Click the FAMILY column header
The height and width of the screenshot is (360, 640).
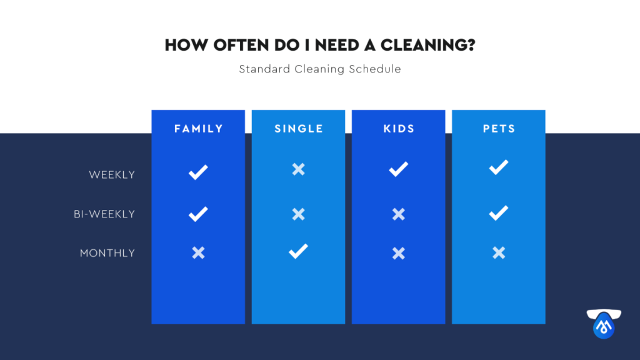click(198, 129)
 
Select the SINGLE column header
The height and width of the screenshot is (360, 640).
click(298, 129)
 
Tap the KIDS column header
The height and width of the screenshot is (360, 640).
click(399, 129)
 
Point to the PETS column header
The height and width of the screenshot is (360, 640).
click(499, 129)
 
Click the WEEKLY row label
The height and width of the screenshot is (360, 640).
click(112, 175)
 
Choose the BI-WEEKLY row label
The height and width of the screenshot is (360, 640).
click(104, 214)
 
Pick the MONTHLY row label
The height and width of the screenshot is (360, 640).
click(107, 253)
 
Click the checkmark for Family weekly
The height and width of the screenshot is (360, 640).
click(198, 172)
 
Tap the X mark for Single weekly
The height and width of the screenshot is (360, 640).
click(298, 169)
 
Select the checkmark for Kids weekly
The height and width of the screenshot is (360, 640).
click(398, 169)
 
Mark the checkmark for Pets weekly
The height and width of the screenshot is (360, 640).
click(499, 167)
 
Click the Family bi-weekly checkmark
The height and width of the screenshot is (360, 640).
click(198, 214)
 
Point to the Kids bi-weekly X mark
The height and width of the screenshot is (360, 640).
click(399, 214)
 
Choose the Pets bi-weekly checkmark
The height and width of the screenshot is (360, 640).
click(499, 212)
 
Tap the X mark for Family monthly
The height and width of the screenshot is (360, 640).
click(198, 252)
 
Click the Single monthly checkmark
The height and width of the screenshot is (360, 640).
click(298, 251)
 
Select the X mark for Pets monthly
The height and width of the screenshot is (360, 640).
click(499, 252)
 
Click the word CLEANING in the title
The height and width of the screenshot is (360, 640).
click(427, 45)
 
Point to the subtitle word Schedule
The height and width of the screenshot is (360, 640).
click(375, 69)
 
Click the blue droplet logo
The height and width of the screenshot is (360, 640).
click(604, 324)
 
